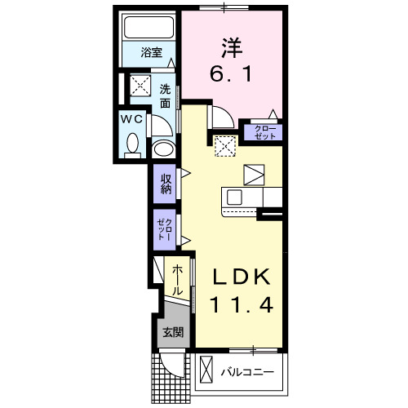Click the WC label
[132, 118]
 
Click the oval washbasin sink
[163, 149]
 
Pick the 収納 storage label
[166, 184]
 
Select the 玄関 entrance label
[171, 332]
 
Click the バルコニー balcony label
[247, 373]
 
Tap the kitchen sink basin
[235, 197]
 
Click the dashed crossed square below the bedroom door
[225, 146]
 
